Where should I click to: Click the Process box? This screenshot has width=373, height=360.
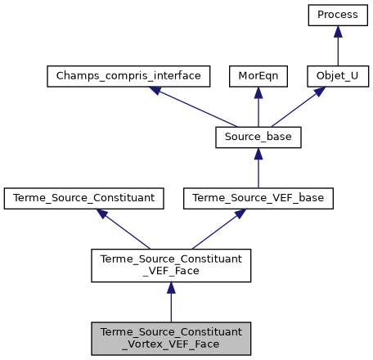[x=339, y=16]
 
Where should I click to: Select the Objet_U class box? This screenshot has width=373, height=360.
[x=339, y=76]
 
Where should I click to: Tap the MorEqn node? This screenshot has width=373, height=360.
[x=258, y=76]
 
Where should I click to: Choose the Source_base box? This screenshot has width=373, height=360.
[x=258, y=137]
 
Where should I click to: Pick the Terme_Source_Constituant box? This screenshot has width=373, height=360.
[x=84, y=197]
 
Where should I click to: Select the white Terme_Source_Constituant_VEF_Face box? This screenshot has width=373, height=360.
[x=171, y=264]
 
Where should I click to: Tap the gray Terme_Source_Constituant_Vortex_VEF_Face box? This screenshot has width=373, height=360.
[x=171, y=337]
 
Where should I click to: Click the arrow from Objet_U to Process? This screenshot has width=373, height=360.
[x=339, y=46]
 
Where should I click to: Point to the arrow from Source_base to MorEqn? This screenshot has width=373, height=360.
[x=258, y=106]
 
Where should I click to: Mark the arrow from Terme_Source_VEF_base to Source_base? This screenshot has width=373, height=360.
[x=258, y=167]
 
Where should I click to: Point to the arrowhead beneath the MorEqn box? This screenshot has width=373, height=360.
[x=258, y=92]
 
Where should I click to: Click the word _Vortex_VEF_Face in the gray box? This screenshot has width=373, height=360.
[x=171, y=344]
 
